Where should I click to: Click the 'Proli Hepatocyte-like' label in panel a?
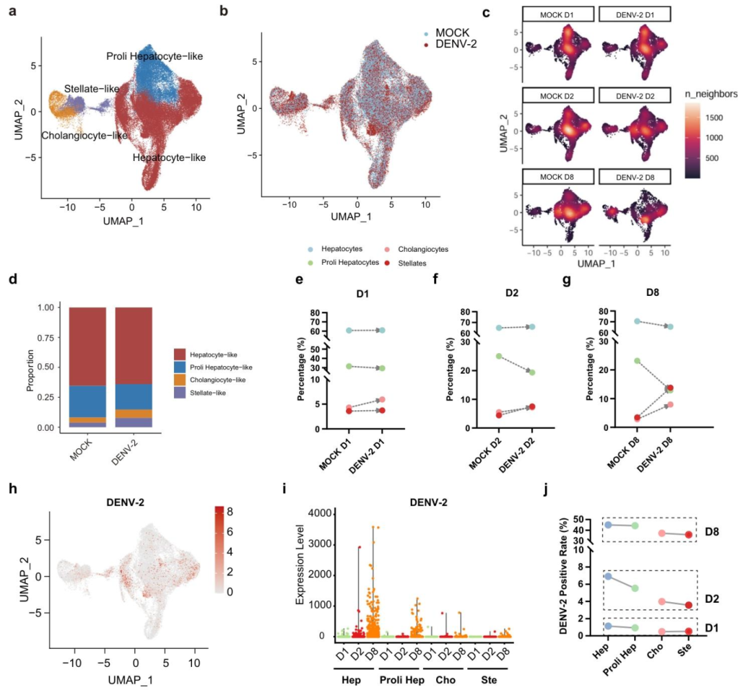[154, 55]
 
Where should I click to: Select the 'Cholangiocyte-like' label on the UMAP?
[85, 136]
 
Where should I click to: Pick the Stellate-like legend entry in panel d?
[206, 393]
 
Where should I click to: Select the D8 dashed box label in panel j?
[713, 533]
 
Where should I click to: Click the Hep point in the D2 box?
[608, 576]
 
